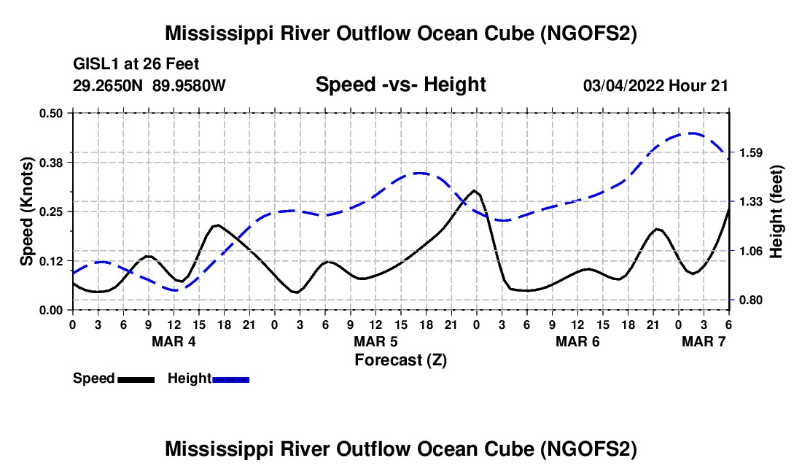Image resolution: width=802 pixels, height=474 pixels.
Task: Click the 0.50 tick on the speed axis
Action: (x=52, y=113)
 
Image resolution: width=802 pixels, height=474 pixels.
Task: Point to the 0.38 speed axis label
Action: (x=52, y=162)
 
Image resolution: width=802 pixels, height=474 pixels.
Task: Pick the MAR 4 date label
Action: (x=174, y=341)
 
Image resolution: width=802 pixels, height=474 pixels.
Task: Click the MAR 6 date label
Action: (x=578, y=341)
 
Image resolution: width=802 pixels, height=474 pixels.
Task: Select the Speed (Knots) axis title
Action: (x=26, y=211)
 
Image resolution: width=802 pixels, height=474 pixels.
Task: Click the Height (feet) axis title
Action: (x=776, y=211)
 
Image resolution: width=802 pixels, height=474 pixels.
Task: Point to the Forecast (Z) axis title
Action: (x=400, y=360)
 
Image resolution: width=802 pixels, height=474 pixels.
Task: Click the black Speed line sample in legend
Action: (x=136, y=378)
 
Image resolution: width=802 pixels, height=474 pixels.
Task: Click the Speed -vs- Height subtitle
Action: (x=400, y=85)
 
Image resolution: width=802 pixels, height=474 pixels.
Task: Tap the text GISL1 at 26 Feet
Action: (x=136, y=64)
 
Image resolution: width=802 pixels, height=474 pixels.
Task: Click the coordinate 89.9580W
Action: (x=190, y=85)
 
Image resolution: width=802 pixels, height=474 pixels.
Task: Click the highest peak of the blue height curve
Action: (x=691, y=133)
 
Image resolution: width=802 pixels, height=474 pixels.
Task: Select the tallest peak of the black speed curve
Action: (x=475, y=190)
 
